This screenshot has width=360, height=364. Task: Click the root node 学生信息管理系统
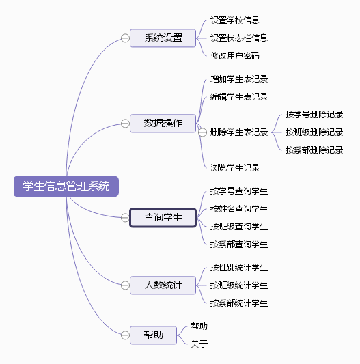click(66, 186)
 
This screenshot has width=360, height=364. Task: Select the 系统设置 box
click(163, 38)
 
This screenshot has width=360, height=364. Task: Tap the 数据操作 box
click(163, 123)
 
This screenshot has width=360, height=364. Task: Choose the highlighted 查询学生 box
click(163, 218)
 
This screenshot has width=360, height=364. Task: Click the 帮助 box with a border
click(153, 335)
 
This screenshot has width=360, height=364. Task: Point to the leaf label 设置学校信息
click(234, 20)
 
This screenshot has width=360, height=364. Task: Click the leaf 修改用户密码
click(234, 55)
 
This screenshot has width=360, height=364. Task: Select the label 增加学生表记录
click(239, 79)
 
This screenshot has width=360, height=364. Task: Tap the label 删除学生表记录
click(239, 132)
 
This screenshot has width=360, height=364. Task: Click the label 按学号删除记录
click(314, 114)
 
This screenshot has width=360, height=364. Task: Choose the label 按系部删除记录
click(314, 150)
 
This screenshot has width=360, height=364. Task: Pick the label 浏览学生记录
click(234, 167)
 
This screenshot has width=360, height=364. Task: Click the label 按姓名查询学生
click(239, 208)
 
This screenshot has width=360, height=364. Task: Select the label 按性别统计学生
click(239, 267)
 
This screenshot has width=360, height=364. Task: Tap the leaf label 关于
click(199, 344)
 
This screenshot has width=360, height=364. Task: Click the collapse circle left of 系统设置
click(125, 38)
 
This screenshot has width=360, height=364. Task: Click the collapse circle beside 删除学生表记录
click(202, 132)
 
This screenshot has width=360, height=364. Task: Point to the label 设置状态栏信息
click(239, 38)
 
